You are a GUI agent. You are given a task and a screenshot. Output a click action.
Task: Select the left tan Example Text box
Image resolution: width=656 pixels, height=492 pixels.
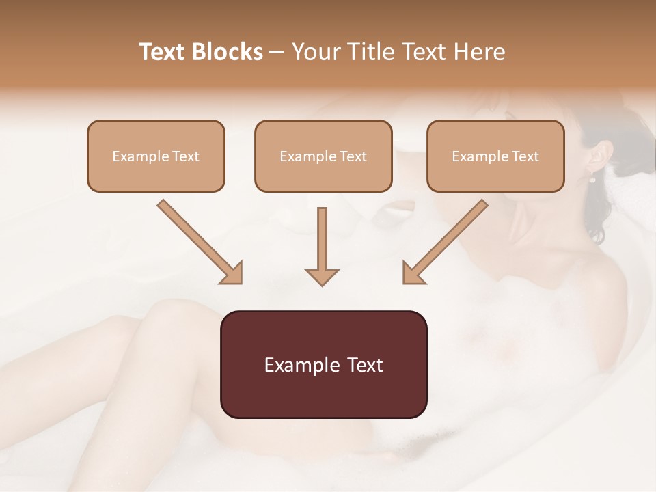click(156, 156)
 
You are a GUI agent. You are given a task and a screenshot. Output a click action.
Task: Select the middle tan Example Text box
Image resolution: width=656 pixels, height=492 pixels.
click(323, 156)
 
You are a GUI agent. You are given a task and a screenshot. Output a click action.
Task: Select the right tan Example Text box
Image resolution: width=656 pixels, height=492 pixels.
click(495, 156)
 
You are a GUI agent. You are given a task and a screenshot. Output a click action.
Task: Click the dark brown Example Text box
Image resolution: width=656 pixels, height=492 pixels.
click(323, 364)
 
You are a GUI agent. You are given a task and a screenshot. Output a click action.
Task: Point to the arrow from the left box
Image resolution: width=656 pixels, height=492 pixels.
click(200, 241)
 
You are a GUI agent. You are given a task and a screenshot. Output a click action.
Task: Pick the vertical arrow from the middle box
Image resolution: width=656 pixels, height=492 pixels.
click(322, 246)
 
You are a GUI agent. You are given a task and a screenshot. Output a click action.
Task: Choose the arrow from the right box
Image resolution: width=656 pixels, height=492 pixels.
click(445, 241)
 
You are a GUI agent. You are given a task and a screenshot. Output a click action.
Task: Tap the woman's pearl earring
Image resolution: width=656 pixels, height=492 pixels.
click(592, 180)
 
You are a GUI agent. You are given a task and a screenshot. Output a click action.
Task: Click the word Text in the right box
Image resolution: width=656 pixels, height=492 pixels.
click(525, 156)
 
